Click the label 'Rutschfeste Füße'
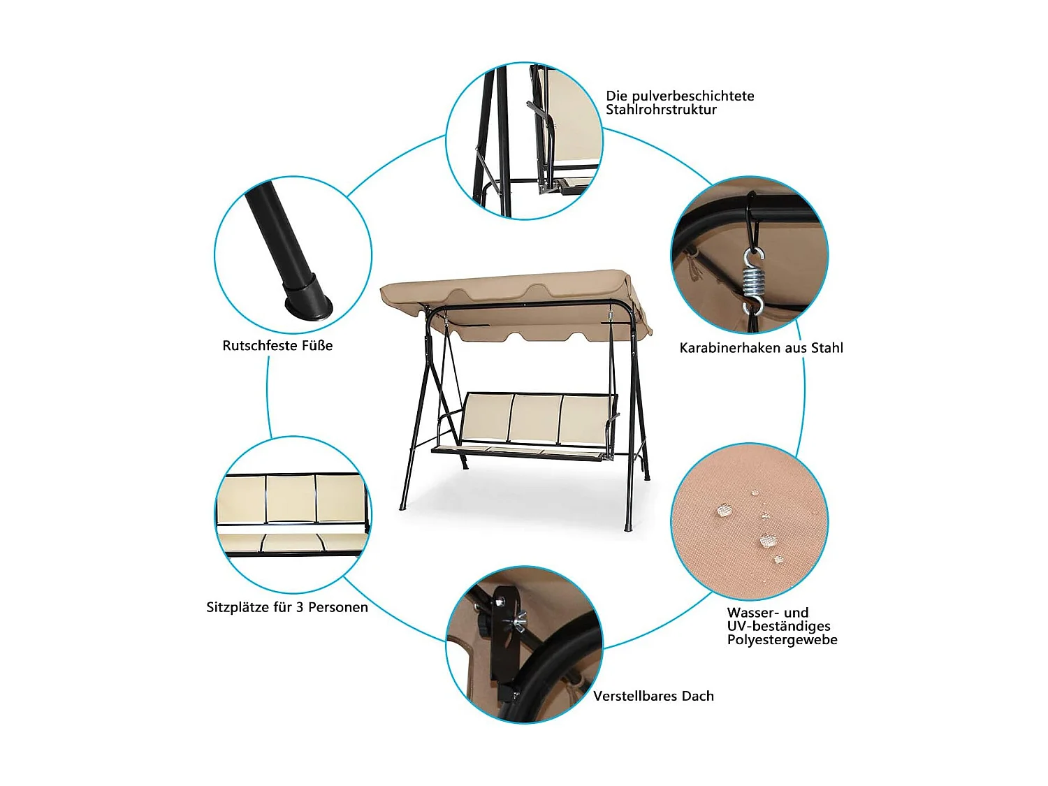coord(277,346)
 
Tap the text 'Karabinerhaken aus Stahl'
coord(761,348)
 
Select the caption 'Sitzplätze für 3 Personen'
coord(286,607)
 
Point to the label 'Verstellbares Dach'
coord(653,696)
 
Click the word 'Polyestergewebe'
coord(782,640)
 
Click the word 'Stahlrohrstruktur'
coord(661,110)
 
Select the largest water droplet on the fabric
coord(768,541)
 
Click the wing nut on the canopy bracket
coord(519,619)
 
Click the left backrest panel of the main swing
coord(486,417)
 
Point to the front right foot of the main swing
coord(627,527)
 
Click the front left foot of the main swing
coord(402,507)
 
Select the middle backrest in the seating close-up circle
coord(291,498)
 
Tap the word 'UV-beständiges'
coord(778,626)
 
